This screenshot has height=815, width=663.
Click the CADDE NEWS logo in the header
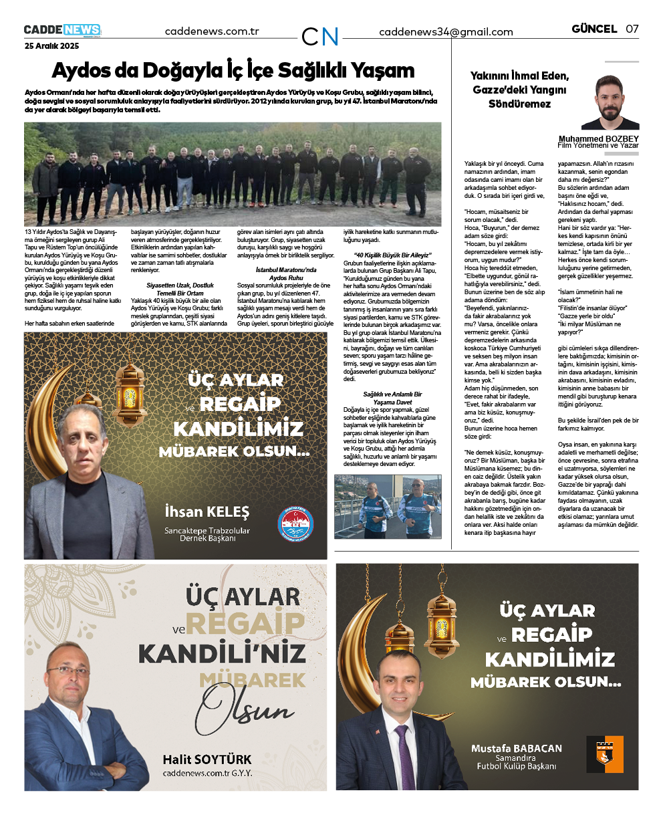(x=62, y=30)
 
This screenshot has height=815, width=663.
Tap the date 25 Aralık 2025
(x=51, y=46)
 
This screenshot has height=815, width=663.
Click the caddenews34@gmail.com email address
(x=446, y=31)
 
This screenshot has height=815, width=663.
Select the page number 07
(x=632, y=29)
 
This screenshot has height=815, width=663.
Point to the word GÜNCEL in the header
(x=594, y=29)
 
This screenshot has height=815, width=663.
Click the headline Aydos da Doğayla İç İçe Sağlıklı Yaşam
(x=233, y=71)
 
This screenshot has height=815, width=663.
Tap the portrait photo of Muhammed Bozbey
(x=610, y=102)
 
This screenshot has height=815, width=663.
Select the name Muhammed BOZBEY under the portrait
(x=598, y=139)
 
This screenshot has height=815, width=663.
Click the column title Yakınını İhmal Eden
(x=519, y=76)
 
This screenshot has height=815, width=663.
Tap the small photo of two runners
(x=388, y=506)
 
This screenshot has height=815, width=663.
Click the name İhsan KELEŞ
(x=207, y=512)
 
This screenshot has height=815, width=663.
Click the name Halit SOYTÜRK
(x=207, y=760)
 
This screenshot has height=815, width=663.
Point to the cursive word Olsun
(x=244, y=706)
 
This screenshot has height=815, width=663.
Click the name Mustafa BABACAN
(x=516, y=748)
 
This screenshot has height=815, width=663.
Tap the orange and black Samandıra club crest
(x=604, y=754)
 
